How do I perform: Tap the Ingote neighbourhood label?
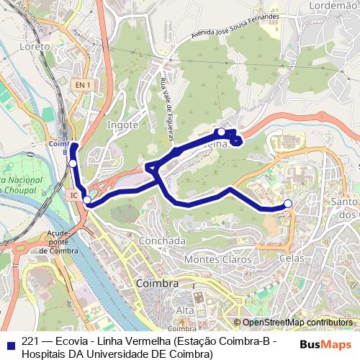coord(122,125)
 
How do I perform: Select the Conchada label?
coord(162,240)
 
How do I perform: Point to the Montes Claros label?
coord(218,258)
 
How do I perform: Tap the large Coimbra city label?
coord(157,284)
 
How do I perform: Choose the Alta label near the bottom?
coord(185,310)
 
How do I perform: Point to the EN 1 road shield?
coord(83,85)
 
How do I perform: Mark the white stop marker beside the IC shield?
coord(87,199)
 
